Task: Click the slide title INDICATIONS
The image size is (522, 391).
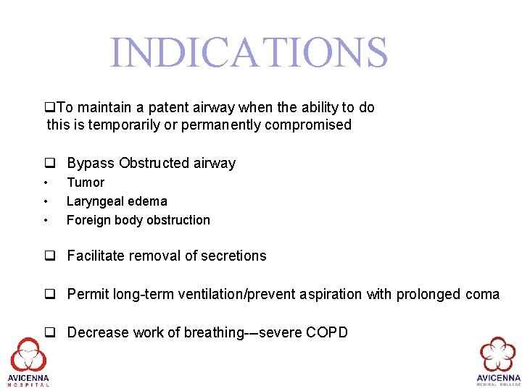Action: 249,53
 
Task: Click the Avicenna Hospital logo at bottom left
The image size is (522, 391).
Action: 28,360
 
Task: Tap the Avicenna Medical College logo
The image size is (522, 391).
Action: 498,360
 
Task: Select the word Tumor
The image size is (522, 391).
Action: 86,182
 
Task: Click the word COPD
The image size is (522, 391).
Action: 327,332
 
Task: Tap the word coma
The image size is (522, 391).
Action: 483,294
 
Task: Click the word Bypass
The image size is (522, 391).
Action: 90,163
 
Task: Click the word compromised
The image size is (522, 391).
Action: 314,125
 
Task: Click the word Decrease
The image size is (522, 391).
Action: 98,332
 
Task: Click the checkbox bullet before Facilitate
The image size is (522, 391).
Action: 50,256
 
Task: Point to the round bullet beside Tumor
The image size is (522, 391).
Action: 46,182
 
